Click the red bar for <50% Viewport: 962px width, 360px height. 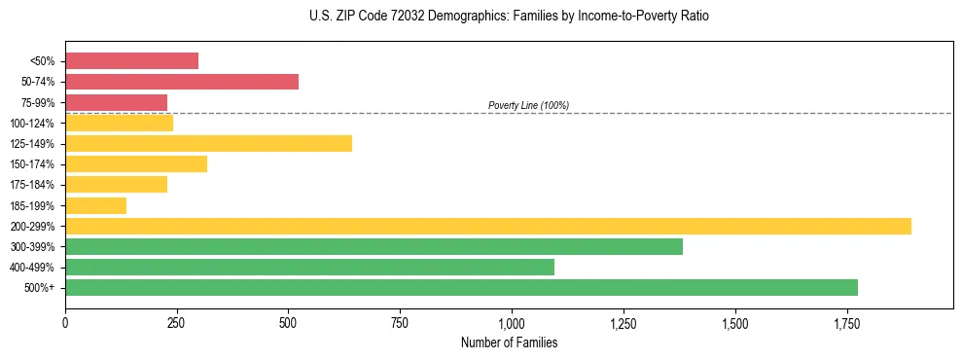pos(131,61)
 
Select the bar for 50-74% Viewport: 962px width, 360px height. pos(182,82)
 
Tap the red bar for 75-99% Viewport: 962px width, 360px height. pos(116,102)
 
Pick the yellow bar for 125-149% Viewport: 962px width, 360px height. pos(208,144)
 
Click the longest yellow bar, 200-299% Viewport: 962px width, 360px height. pos(487,226)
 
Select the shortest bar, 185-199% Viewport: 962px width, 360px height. pos(95,205)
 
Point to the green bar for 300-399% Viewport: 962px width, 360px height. pos(374,246)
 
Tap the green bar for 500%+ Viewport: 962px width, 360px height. pos(461,287)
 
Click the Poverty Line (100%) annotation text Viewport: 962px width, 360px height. pos(528,105)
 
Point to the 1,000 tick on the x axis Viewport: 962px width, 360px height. pos(512,322)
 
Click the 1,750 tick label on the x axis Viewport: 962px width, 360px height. pos(846,322)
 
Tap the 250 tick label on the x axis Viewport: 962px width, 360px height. pos(176,322)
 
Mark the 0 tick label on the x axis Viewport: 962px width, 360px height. pos(65,322)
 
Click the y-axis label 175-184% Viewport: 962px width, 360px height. pos(32,185)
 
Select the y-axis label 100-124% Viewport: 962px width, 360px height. pos(32,124)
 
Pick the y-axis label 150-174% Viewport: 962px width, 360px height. pos(32,164)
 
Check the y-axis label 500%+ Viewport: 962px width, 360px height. pos(39,288)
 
